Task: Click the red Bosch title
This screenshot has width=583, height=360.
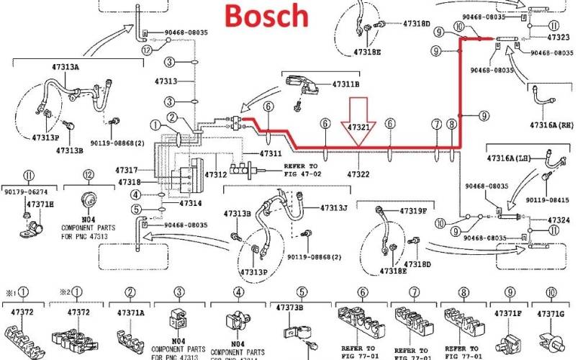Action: [266, 14]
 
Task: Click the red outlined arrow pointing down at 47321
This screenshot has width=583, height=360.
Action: [358, 111]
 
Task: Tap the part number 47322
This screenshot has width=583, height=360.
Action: [358, 174]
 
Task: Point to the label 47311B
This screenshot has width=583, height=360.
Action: [345, 84]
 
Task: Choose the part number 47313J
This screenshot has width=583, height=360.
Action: [334, 209]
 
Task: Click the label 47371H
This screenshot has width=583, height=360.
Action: [40, 204]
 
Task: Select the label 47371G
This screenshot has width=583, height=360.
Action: [551, 314]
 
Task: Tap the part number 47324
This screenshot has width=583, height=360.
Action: [559, 220]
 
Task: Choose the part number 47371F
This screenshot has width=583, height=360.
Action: [508, 314]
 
